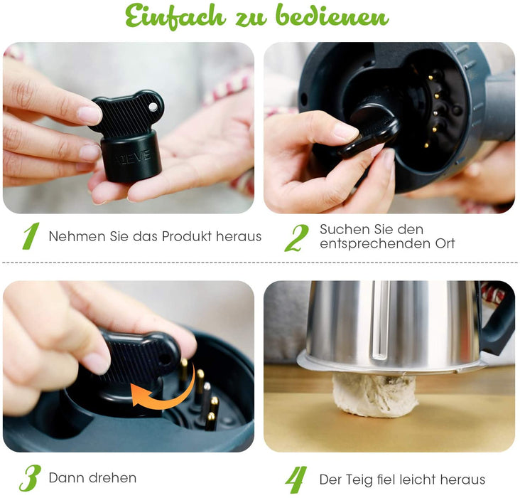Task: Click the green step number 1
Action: click(x=30, y=237)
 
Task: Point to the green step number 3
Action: click(x=29, y=478)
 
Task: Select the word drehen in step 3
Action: click(x=114, y=478)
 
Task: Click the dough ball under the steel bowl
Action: click(x=374, y=395)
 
